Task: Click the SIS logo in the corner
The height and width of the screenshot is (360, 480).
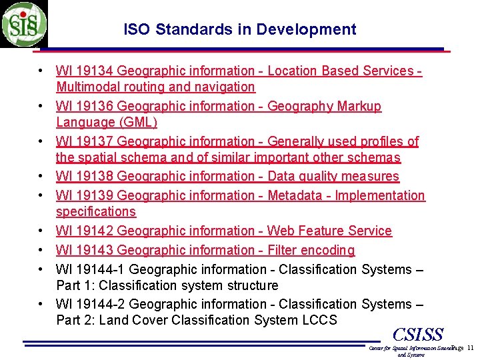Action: click(24, 24)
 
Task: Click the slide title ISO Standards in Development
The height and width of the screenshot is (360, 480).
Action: click(240, 29)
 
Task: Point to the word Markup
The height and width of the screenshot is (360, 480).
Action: click(360, 106)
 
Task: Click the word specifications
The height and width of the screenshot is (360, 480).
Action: click(96, 211)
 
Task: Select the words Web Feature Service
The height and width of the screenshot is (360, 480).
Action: click(329, 231)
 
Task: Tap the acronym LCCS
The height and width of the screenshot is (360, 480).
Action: click(319, 320)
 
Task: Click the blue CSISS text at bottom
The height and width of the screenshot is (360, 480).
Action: click(418, 334)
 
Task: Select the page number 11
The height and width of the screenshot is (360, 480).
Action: click(469, 348)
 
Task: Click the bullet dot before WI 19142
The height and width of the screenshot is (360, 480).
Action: click(41, 231)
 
